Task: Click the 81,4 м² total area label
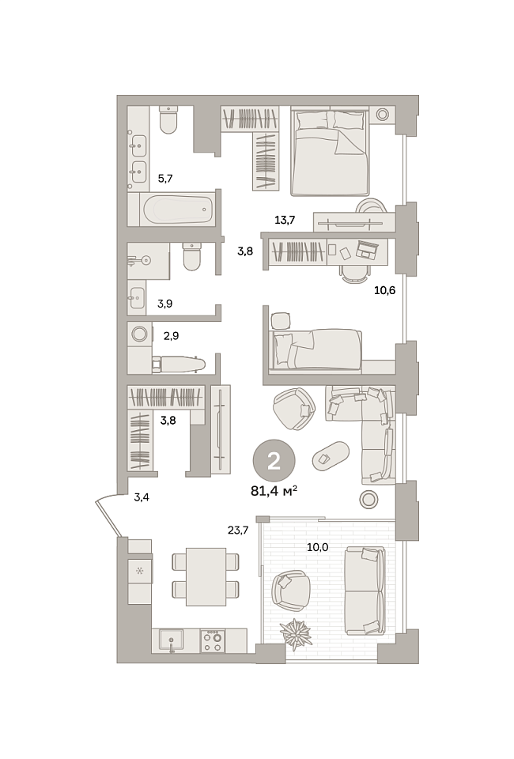click(x=274, y=491)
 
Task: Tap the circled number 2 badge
click(x=274, y=461)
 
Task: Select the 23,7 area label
click(x=238, y=531)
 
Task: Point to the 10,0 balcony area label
click(x=318, y=547)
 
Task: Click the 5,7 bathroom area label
click(x=165, y=179)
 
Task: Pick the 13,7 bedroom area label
click(x=285, y=221)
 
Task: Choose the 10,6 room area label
click(x=385, y=290)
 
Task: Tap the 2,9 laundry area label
click(x=171, y=336)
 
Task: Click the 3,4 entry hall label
click(x=142, y=497)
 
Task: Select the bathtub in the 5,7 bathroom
click(x=178, y=210)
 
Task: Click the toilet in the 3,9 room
click(x=191, y=256)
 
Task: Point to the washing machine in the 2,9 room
click(x=140, y=334)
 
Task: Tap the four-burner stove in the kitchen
click(x=211, y=640)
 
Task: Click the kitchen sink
click(x=172, y=640)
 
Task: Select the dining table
click(x=206, y=576)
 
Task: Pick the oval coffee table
click(x=331, y=456)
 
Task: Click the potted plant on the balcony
click(x=295, y=632)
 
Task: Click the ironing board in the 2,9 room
click(x=178, y=364)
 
